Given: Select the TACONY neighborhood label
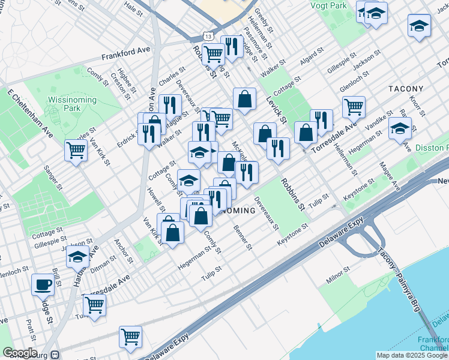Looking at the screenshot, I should pyautogui.click(x=406, y=89).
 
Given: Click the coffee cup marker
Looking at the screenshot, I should pyautogui.click(x=43, y=284).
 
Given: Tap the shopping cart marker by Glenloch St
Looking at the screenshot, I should pyautogui.click(x=354, y=107).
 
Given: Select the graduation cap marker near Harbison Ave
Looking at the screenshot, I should pyautogui.click(x=77, y=257).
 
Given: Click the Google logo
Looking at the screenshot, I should pyautogui.click(x=20, y=353).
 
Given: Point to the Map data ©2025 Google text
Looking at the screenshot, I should pyautogui.click(x=412, y=355).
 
